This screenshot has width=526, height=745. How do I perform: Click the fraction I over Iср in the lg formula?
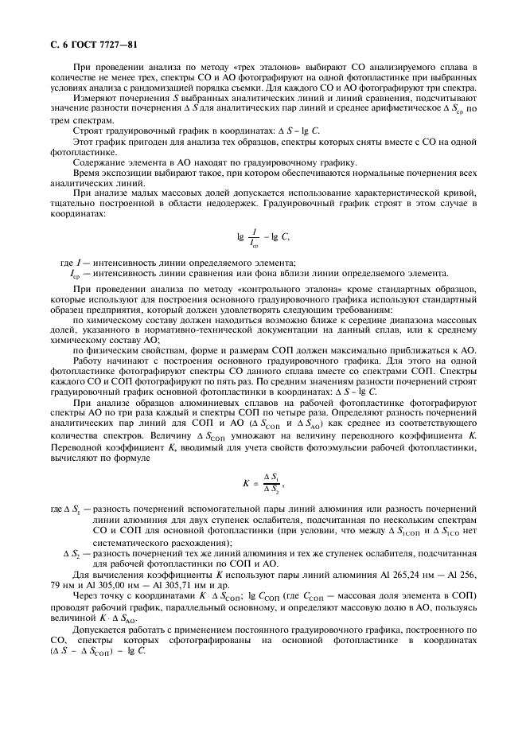click(x=252, y=238)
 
